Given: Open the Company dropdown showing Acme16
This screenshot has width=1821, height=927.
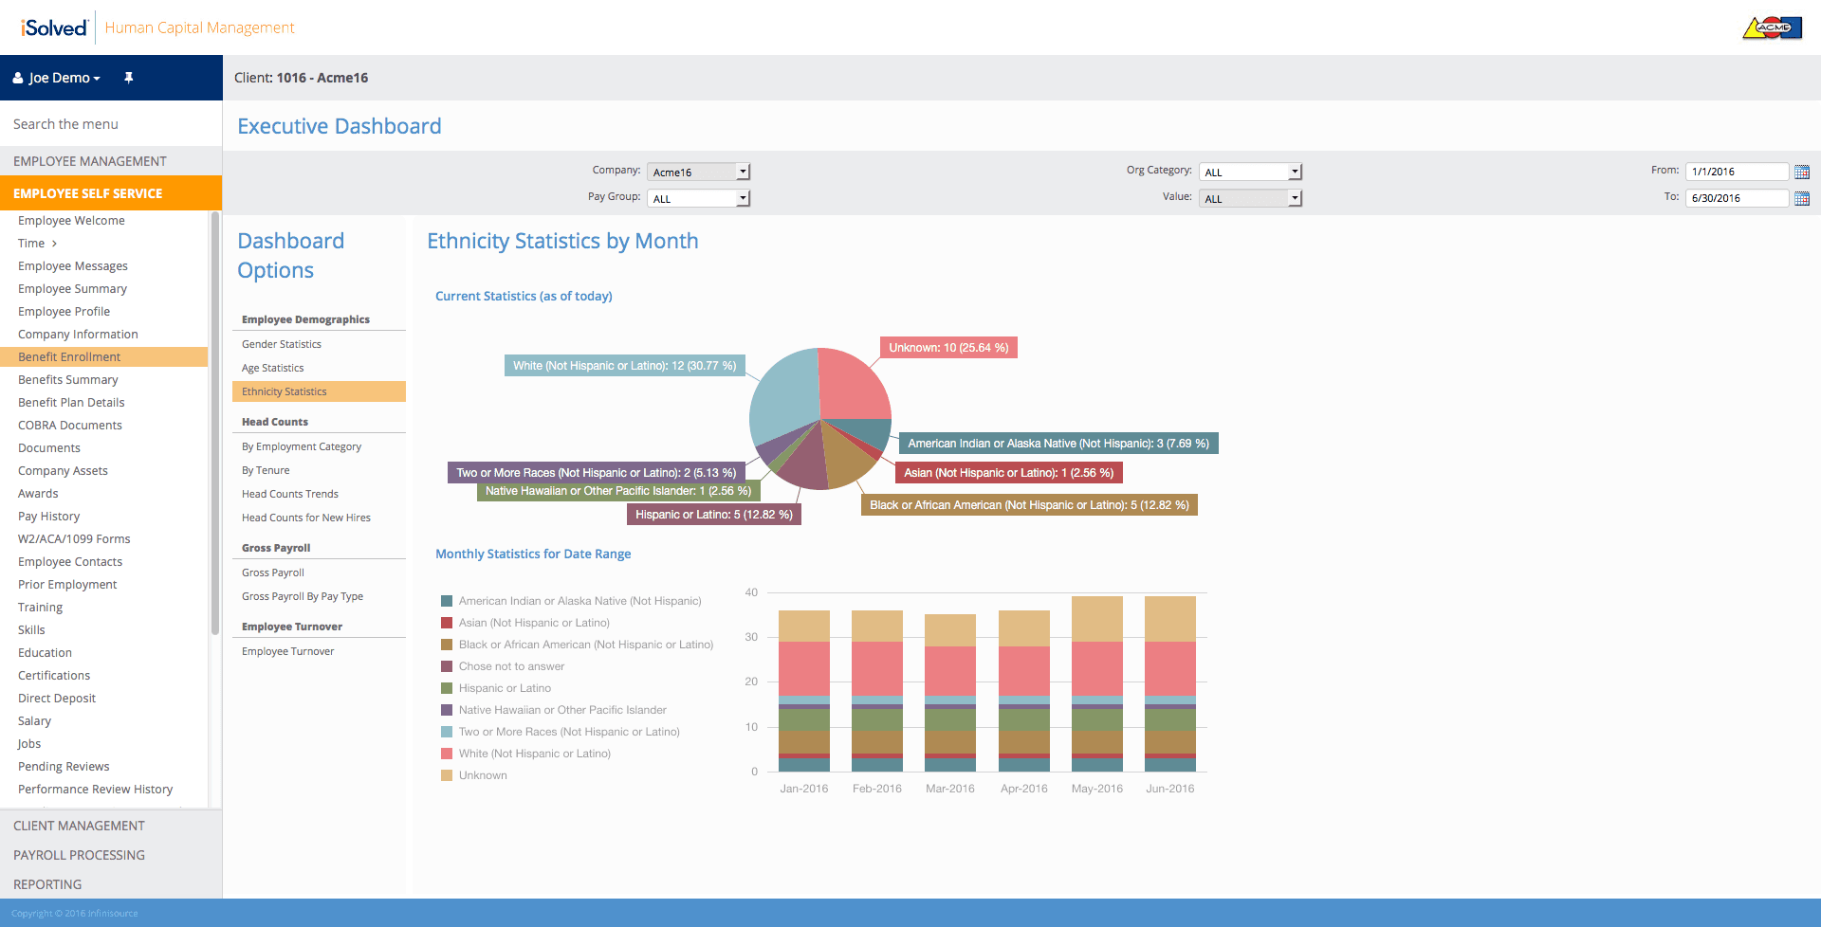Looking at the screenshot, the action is coord(698,172).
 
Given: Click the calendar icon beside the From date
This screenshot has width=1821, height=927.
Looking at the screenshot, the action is coord(1802,172).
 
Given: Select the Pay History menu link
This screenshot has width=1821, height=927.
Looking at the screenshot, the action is coord(48,517).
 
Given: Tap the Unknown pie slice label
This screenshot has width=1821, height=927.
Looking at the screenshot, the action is coord(948,348).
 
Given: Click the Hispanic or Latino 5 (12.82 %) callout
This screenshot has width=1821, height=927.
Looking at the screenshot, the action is coord(714,515).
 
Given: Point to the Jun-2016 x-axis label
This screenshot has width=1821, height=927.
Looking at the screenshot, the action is coord(1169,789).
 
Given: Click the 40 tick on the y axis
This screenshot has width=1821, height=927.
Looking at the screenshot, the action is coord(751,592).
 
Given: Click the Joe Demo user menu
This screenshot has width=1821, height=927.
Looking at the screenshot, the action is coord(57,78).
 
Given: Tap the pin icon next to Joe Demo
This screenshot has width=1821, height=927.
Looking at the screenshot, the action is coord(128,78).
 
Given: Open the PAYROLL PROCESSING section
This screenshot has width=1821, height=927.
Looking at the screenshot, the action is coord(79,855).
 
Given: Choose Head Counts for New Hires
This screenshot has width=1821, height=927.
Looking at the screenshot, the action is coord(305,518).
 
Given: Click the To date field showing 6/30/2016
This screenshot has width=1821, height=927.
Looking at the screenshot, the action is coord(1737,198).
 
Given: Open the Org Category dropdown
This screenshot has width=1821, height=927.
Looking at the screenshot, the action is coord(1250,172).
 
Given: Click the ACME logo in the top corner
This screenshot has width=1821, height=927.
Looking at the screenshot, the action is coord(1772,27).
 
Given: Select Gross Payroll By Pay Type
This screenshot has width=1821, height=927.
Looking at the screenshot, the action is coord(303,596).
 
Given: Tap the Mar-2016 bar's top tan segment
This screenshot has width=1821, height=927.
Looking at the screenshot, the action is coord(950,630).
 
